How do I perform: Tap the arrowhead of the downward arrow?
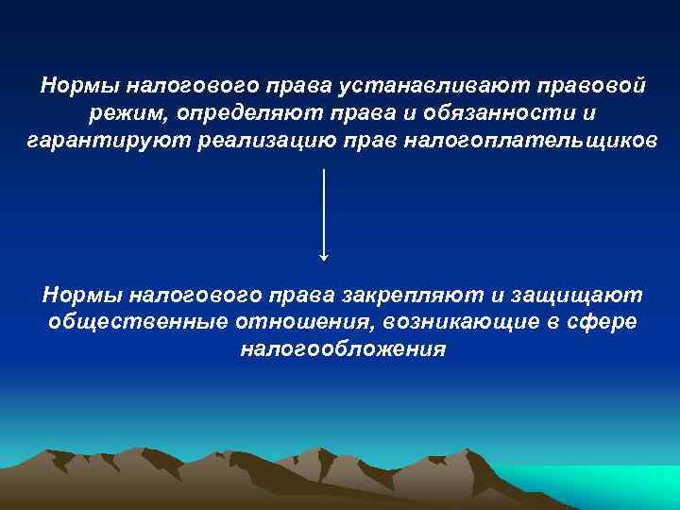325,254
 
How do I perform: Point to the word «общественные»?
137,322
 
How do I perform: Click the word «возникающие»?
461,322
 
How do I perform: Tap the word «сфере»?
604,322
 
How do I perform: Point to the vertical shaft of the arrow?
325,208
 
